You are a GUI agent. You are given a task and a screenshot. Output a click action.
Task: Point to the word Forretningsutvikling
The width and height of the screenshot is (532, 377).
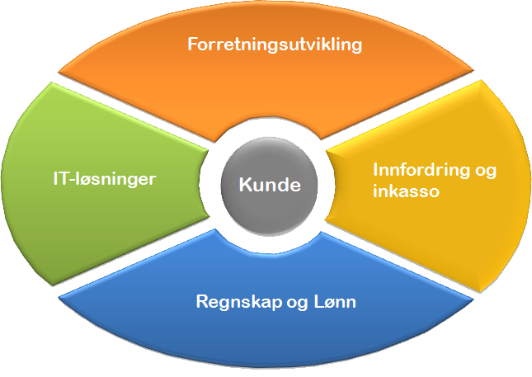pyautogui.click(x=275, y=44)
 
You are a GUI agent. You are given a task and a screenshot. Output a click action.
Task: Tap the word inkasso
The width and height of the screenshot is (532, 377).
pyautogui.click(x=400, y=191)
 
